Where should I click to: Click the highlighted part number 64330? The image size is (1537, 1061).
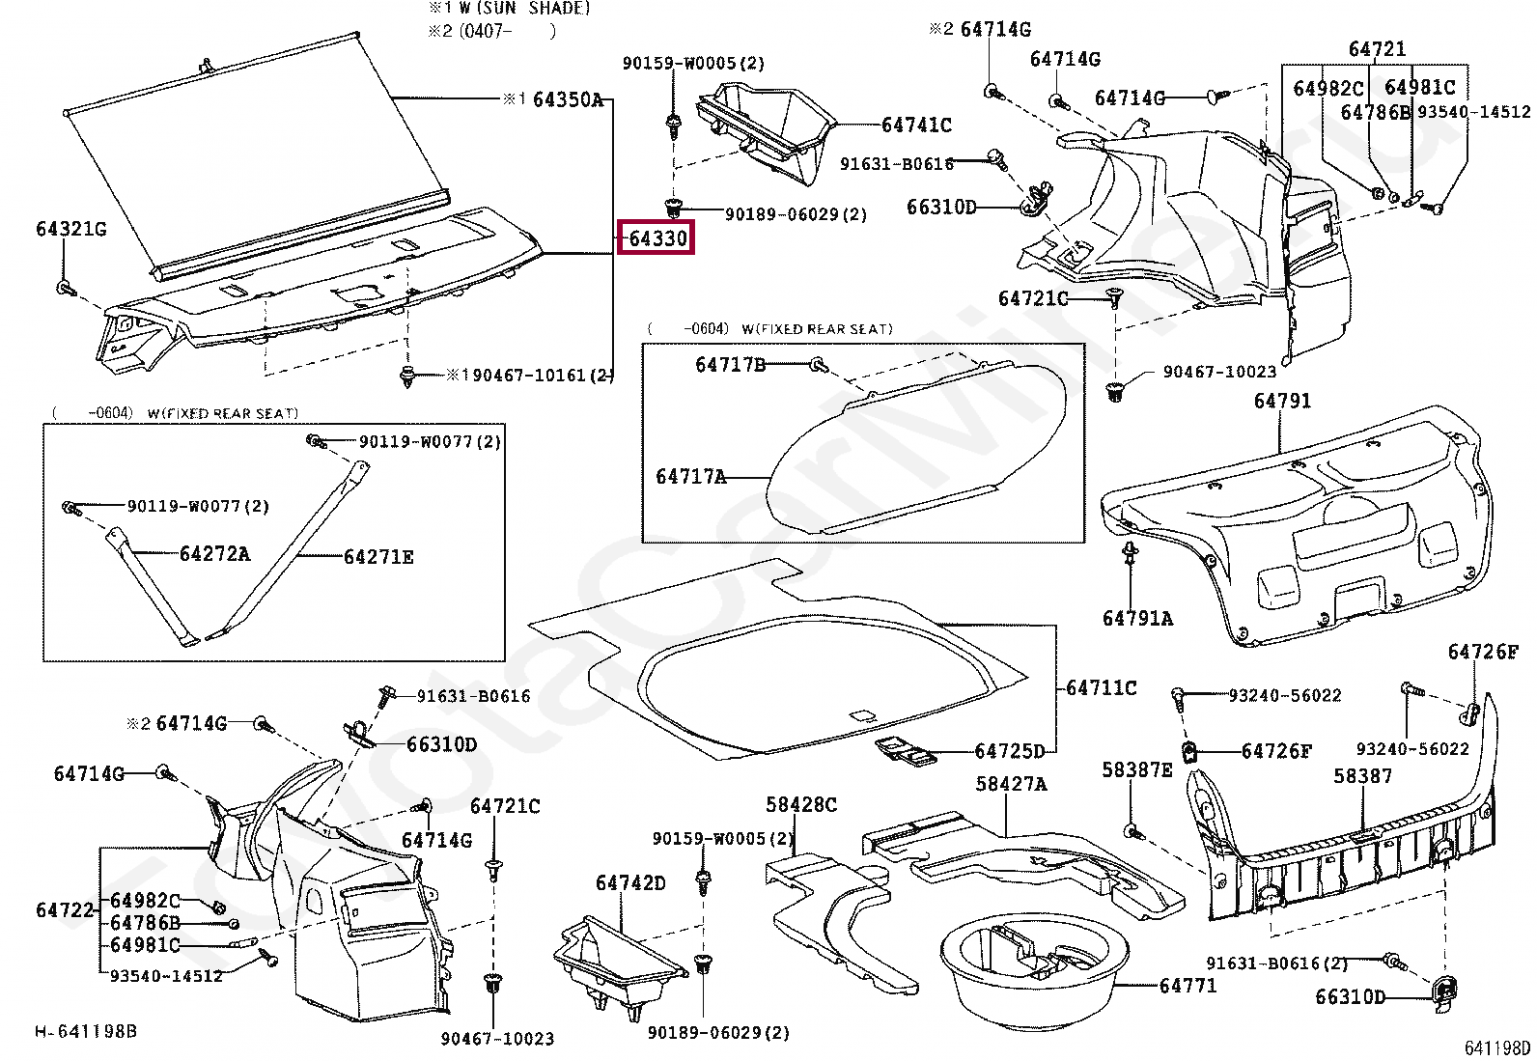[x=657, y=237]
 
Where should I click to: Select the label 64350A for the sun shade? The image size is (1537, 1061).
[x=568, y=99]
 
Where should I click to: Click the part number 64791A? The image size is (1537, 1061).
[x=1137, y=618]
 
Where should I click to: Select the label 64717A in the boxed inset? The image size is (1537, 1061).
[x=690, y=477]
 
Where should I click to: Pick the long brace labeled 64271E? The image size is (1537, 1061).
[x=290, y=550]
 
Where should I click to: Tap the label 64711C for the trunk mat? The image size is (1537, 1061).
[x=1101, y=687]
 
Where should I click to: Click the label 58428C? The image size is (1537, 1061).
[x=801, y=804]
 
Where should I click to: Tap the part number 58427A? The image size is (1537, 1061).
[x=1011, y=784]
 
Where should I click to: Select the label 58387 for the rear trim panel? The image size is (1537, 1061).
[x=1362, y=775]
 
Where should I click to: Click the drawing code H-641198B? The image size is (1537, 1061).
[x=86, y=1031]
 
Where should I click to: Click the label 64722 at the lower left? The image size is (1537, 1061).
[x=65, y=909]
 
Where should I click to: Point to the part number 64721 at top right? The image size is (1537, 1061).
[x=1377, y=48]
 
